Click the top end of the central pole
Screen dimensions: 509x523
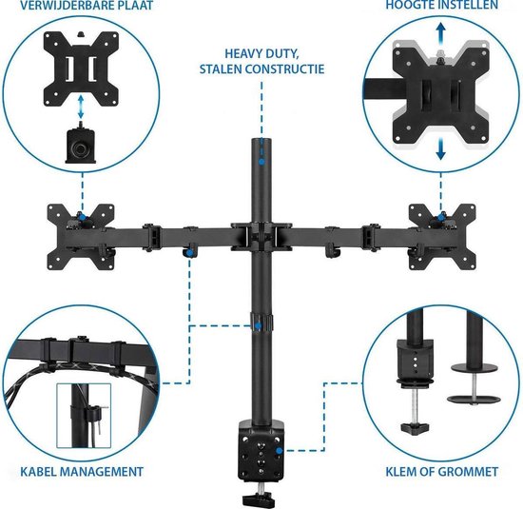tap(257, 145)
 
